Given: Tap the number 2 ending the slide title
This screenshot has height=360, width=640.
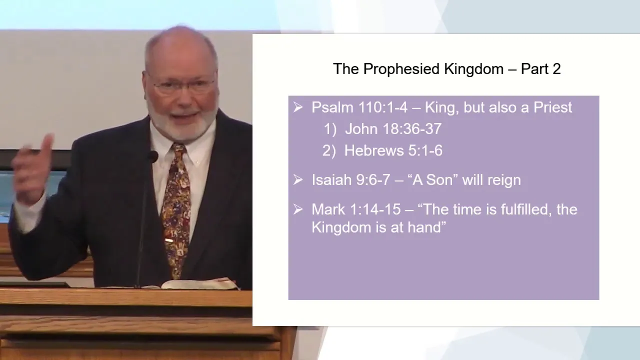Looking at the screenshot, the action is [556, 69].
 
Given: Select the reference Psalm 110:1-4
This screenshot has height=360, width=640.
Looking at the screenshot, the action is [359, 107].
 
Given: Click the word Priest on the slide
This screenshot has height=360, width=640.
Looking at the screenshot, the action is [553, 107].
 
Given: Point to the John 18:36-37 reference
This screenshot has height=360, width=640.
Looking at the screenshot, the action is [393, 129].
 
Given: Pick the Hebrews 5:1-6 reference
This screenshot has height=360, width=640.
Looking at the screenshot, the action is [393, 150].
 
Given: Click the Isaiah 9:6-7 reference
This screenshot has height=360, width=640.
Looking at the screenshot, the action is [351, 180].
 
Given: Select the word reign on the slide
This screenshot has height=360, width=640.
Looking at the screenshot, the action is [504, 181].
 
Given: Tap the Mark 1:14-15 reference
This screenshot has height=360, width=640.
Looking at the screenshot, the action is [356, 209].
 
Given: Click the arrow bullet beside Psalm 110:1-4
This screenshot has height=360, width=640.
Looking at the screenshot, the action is [298, 107].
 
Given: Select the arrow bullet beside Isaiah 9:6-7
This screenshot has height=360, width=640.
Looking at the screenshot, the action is [298, 180].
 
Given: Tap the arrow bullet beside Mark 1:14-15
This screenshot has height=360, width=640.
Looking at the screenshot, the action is [298, 209].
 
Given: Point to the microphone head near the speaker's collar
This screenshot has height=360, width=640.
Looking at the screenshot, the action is [152, 157].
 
